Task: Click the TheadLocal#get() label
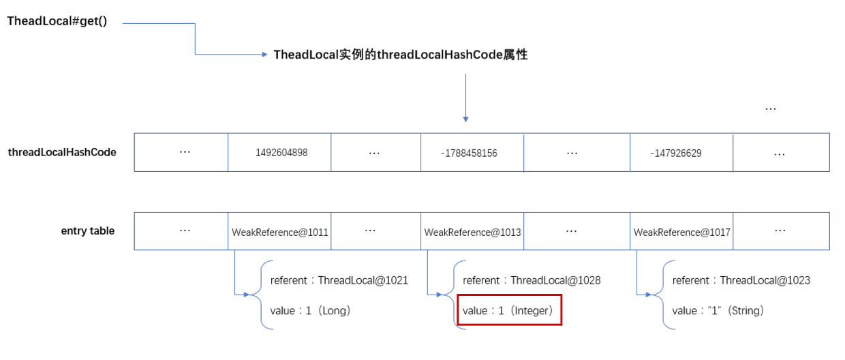[57, 21]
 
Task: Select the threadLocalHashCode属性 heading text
[401, 55]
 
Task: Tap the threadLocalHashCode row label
[62, 152]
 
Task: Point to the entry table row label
[88, 231]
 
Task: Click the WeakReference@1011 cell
[280, 232]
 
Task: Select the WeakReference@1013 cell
[472, 232]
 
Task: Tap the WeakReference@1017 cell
[681, 232]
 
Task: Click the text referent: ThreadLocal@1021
[339, 280]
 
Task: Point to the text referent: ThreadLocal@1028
[532, 280]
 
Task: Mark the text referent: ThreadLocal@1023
[741, 280]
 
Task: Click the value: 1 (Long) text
[310, 311]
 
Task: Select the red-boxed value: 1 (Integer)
[509, 311]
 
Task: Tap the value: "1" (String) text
[718, 311]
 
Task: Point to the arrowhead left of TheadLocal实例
[265, 55]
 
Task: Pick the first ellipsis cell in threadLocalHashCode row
[184, 152]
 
